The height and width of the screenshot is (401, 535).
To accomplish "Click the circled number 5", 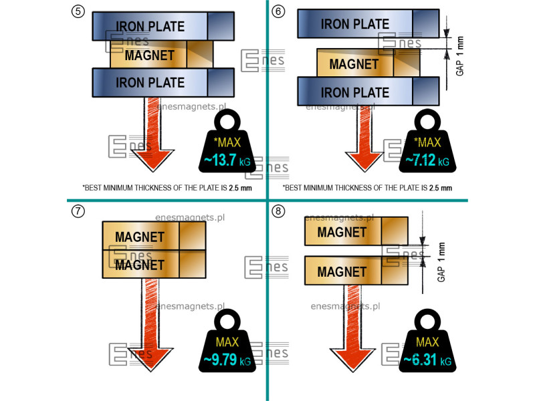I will [x=78, y=11].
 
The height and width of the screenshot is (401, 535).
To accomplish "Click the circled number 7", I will [x=78, y=211].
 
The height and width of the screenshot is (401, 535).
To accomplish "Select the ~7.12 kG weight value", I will [x=428, y=160].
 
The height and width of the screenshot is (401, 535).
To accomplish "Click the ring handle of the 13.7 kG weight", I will [x=226, y=122].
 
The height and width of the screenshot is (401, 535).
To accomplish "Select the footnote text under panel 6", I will [x=366, y=188].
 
